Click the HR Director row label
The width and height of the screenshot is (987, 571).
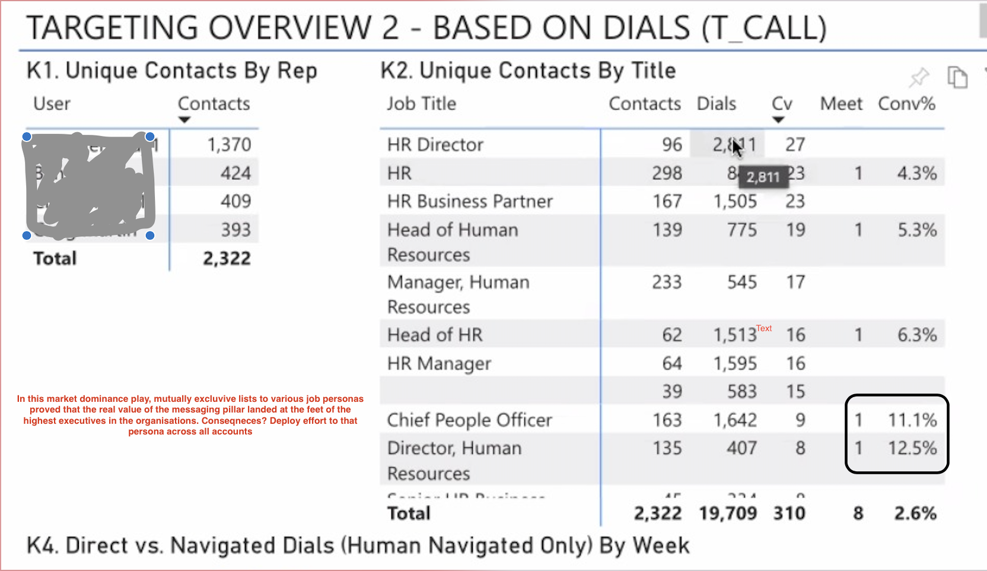tap(435, 145)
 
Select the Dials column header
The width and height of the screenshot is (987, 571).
tap(716, 104)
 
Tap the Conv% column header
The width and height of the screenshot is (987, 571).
tap(906, 104)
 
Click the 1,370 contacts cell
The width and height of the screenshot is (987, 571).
tap(229, 145)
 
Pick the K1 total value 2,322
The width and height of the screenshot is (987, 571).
tap(227, 259)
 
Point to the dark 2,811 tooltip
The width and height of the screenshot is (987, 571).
tap(763, 177)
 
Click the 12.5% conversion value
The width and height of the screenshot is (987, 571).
tap(912, 448)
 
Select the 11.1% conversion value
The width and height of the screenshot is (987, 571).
tap(912, 420)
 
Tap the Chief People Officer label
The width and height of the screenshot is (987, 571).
tap(469, 420)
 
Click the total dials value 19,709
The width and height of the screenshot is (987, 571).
tap(728, 513)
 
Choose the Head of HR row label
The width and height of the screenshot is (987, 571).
tap(435, 335)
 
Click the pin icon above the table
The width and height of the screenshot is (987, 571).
tap(919, 77)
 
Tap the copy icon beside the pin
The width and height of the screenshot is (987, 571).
tap(957, 77)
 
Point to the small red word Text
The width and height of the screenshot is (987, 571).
tap(764, 328)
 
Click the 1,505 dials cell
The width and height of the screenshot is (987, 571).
tap(735, 202)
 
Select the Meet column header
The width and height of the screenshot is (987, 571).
tap(841, 104)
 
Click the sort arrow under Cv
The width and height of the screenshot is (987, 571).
tap(778, 120)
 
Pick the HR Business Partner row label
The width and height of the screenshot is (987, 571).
tap(470, 202)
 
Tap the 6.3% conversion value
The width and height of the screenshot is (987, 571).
tap(916, 335)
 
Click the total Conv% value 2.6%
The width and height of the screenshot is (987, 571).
tap(915, 513)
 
